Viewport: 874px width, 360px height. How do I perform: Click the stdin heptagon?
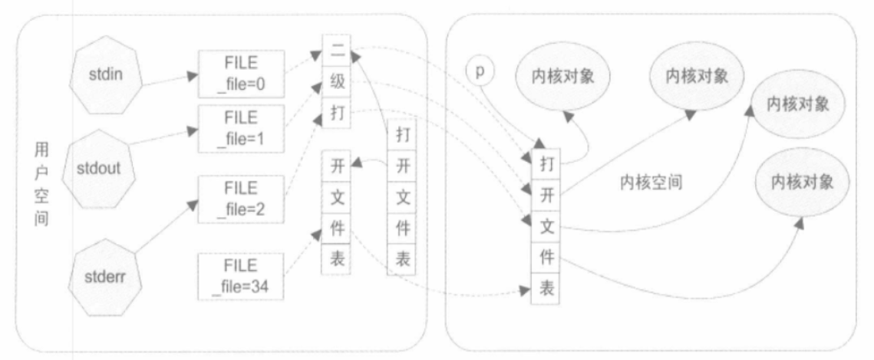pos(106,76)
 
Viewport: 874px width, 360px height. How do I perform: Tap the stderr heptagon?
pos(105,277)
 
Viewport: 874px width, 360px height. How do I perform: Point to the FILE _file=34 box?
pos(242,276)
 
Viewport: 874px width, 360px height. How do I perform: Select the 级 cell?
pos(337,82)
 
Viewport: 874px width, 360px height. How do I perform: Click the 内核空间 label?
pos(651,183)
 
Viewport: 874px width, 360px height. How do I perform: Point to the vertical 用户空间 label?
pos(41,183)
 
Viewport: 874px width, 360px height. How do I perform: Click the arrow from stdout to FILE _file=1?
pos(163,137)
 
